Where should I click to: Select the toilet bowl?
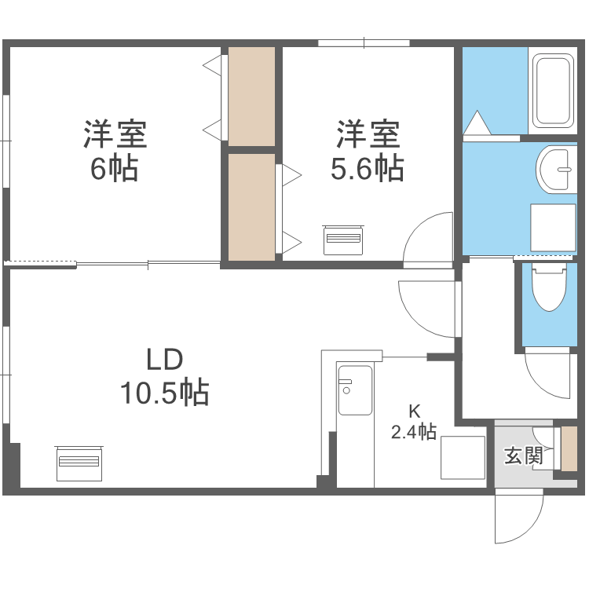pos(550,288)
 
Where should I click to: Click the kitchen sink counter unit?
pos(354,390)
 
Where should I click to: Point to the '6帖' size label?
pos(115,168)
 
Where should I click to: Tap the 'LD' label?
pos(164,360)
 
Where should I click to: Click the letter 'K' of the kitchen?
pos(414,411)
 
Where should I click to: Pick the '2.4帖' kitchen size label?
pos(414,431)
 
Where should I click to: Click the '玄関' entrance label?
pos(523,455)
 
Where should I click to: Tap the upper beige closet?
pos(251,96)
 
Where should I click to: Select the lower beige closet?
pos(251,206)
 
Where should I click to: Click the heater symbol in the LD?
pos(79,463)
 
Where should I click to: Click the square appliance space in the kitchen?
pos(463,456)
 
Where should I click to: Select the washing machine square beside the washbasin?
pos(554,228)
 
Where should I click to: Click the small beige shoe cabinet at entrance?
pos(569,448)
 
